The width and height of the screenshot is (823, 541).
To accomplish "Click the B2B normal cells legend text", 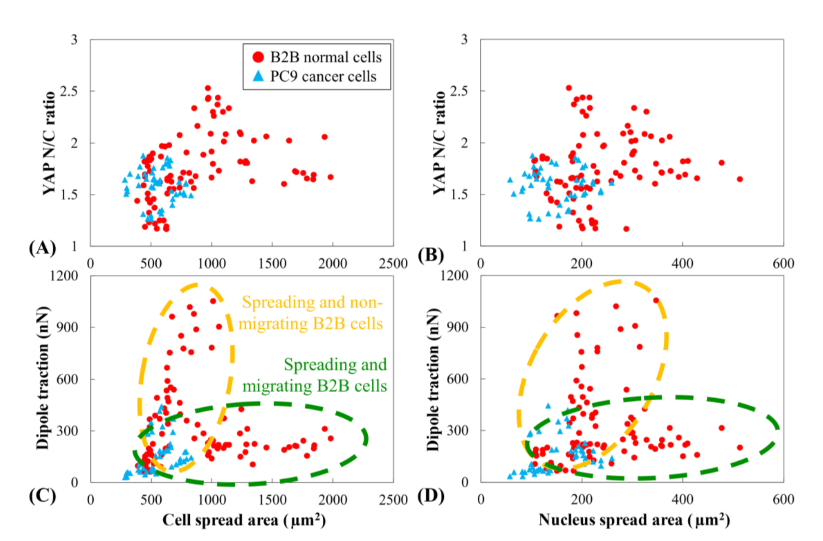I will pos(326,57).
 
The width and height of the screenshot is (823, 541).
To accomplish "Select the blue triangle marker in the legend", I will pos(258,76).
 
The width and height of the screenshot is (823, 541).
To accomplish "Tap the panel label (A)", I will pos(42,248).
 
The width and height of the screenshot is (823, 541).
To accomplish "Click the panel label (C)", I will pos(42,496).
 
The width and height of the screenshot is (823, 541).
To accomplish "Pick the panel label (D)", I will pos(431,496).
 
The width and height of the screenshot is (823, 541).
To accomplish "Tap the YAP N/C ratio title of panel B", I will pos(439,143).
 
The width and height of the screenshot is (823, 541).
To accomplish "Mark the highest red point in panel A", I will pos(208,88).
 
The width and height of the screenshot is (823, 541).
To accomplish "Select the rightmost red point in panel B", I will pos(740,179).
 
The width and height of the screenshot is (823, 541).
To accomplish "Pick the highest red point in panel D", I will pos(656,300).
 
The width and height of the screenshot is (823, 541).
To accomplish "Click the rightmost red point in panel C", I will pos(331,438).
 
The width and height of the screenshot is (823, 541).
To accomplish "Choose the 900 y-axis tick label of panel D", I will pos(457,327).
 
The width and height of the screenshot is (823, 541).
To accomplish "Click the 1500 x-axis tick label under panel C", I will pos(272,500).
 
